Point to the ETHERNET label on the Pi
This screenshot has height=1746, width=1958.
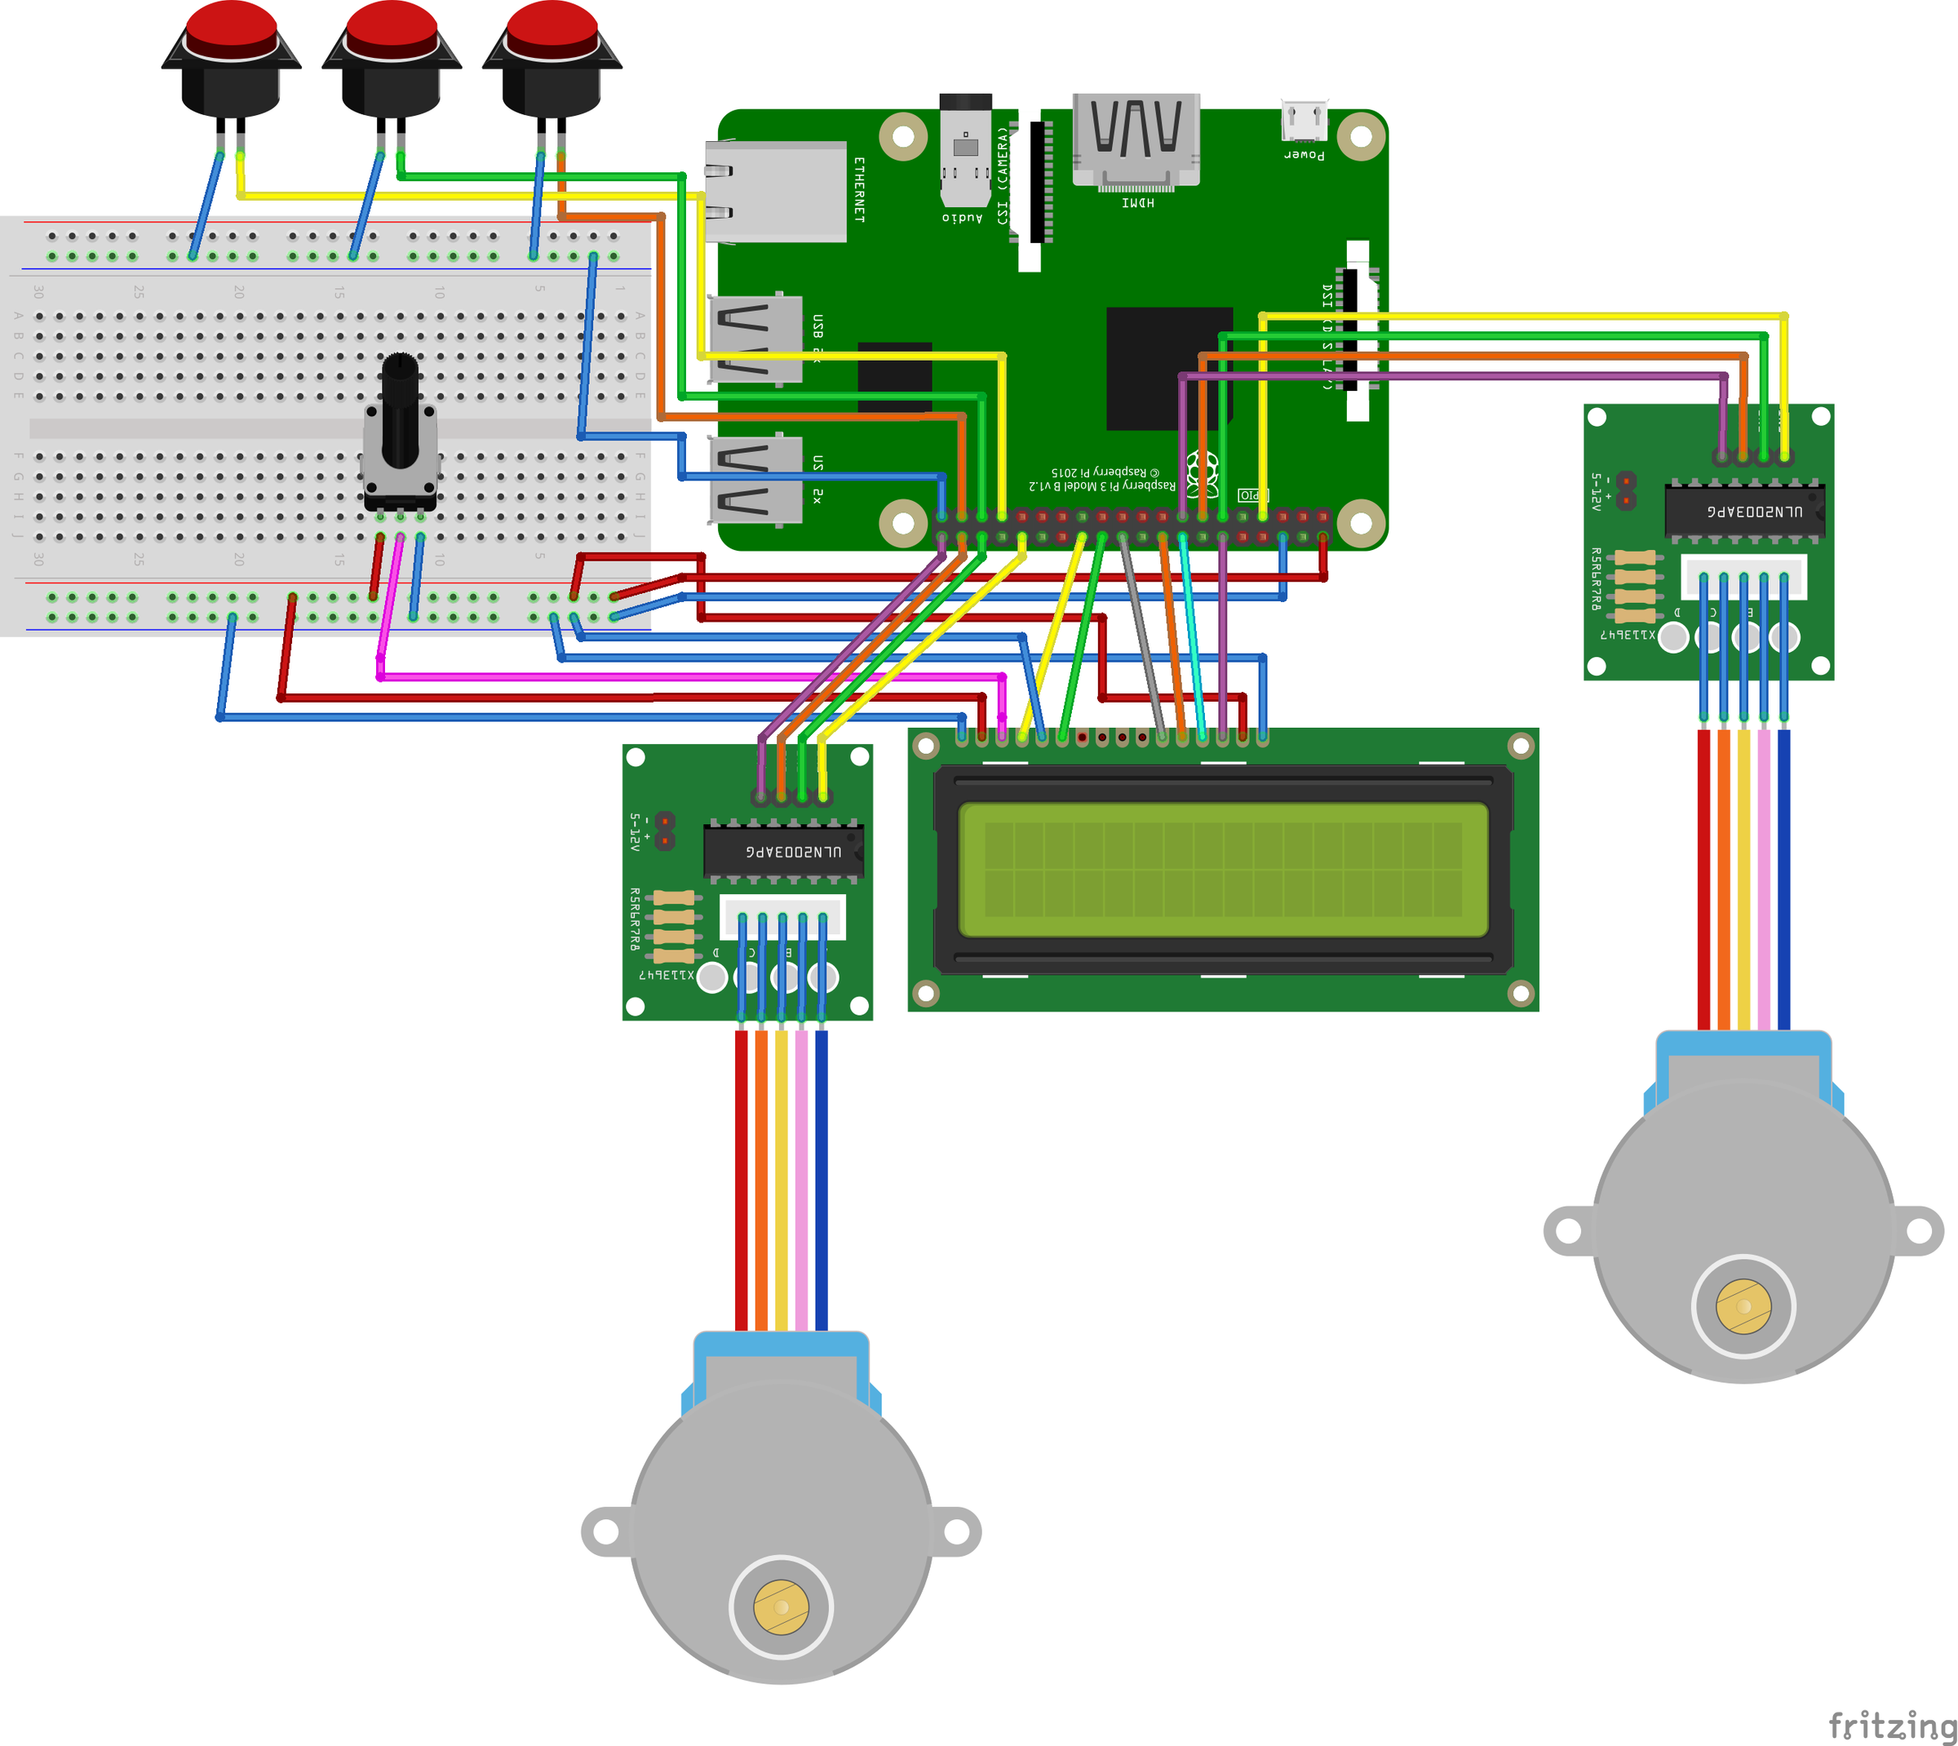(858, 190)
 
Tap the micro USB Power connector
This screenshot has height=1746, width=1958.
(1305, 122)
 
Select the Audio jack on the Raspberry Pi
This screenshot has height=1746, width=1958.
(965, 153)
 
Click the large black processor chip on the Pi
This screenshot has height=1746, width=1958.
(1168, 369)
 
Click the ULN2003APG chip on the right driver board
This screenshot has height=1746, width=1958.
(1744, 512)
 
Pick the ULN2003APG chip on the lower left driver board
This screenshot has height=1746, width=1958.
(784, 851)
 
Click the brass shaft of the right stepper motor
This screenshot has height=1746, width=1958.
(1743, 1306)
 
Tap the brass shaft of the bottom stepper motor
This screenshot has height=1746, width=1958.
(781, 1607)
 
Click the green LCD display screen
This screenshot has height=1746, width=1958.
(1223, 869)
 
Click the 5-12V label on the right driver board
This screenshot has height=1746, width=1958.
(1597, 491)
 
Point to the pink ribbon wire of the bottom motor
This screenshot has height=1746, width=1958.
(801, 1180)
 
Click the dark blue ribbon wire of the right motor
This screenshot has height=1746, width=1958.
(1783, 878)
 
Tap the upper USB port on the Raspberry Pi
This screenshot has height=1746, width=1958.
(755, 339)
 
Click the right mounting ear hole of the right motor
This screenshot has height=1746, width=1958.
(1918, 1231)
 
